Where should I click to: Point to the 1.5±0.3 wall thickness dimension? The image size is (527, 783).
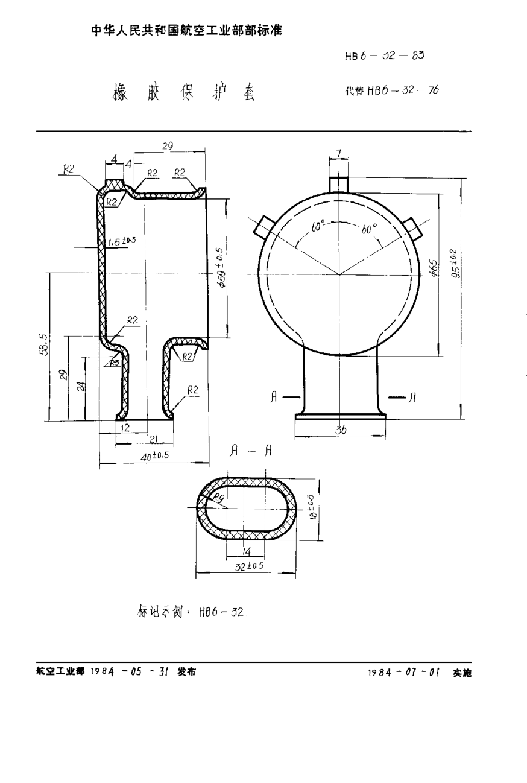coord(121,242)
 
